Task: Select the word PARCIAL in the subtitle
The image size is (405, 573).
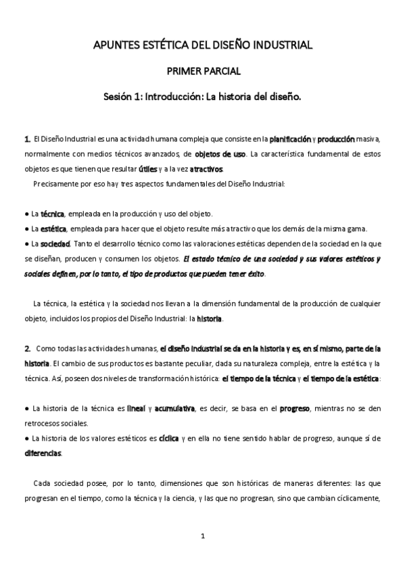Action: click(x=221, y=71)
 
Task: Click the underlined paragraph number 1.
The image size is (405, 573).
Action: click(x=27, y=139)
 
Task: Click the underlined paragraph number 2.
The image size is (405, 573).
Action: click(x=28, y=349)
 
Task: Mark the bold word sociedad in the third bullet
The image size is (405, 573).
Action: click(x=49, y=243)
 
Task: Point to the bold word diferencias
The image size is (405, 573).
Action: click(x=43, y=453)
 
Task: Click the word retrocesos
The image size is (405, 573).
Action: click(x=43, y=424)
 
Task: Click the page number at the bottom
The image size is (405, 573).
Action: click(x=202, y=537)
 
